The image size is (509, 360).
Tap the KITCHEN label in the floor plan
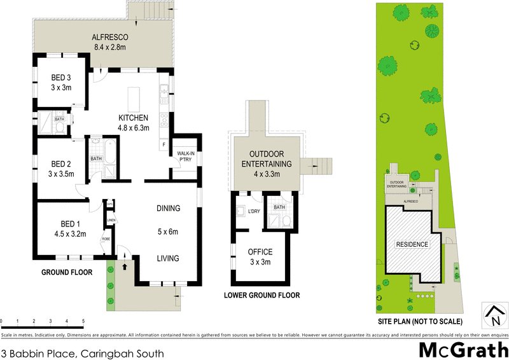point(134,118)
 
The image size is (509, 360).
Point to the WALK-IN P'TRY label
point(185,156)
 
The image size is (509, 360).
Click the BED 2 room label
point(62,163)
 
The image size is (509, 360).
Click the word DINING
point(169,208)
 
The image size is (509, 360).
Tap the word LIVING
point(169,258)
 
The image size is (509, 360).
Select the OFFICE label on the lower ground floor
point(260,253)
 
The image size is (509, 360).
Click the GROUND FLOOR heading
point(67,272)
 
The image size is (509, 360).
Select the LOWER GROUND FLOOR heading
point(261,296)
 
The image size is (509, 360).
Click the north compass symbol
point(494,313)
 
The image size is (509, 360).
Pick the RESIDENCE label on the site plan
point(412,244)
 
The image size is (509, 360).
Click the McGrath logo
point(463,350)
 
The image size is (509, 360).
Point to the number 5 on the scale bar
point(83,321)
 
